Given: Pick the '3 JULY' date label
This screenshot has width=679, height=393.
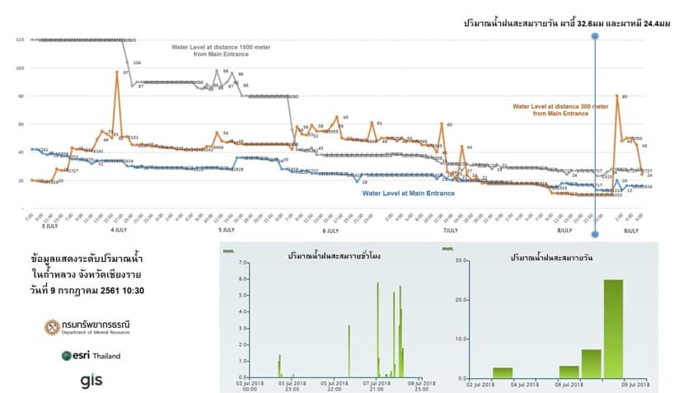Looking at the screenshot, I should [49, 225].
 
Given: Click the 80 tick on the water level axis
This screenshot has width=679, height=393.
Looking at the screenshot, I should [21, 96].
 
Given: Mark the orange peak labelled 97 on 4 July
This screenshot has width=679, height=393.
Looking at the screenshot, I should [117, 73].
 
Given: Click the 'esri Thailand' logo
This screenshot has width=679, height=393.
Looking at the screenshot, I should [91, 356].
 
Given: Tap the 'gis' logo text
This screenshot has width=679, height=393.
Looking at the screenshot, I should [91, 380].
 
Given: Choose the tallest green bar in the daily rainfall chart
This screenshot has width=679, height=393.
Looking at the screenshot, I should [613, 328].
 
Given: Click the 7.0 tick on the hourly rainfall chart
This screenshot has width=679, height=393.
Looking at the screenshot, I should [243, 262].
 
